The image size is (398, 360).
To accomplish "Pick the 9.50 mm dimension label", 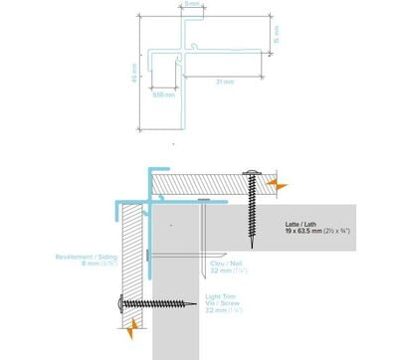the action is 163,95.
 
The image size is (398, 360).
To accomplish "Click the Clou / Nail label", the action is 222,261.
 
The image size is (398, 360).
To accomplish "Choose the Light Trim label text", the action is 221,296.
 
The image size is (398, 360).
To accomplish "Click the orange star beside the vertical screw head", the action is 281,185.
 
